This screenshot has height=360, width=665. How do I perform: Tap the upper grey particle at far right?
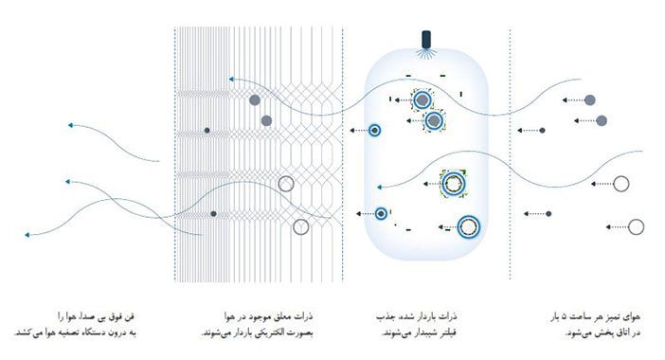[590, 99]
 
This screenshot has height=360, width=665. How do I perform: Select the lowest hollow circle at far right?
[636, 226]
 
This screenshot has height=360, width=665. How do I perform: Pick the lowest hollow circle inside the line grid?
[300, 226]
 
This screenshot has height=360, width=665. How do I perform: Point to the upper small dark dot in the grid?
[207, 129]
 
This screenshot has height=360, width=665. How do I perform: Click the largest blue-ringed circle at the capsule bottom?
[468, 226]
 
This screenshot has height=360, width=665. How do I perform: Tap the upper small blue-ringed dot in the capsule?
[375, 129]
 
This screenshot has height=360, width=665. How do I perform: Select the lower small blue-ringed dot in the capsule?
[381, 214]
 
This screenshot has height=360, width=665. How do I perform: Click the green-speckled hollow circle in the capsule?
[455, 183]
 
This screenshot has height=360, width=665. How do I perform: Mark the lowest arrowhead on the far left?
[28, 232]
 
